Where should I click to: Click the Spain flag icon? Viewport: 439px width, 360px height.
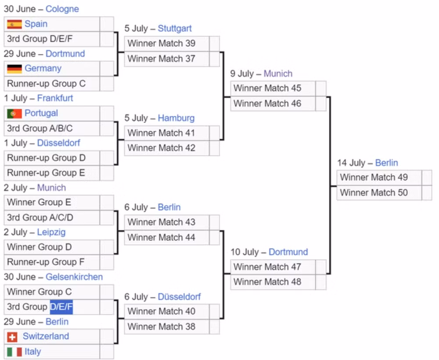pos(14,24)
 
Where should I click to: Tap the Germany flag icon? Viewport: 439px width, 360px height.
pos(14,68)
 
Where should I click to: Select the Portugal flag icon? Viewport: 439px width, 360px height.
pos(14,113)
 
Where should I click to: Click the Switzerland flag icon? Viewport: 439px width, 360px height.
pos(12,337)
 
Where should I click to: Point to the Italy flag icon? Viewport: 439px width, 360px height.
pos(14,352)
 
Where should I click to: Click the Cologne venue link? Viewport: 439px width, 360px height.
pos(62,9)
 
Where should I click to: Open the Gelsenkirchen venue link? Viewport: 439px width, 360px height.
pos(74,277)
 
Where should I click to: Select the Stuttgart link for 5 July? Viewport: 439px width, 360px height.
pos(175,28)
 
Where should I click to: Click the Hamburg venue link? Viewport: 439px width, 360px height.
pos(176,118)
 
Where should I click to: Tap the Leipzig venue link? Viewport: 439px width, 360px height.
pos(51,232)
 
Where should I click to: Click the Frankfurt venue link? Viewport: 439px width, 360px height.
pos(55,98)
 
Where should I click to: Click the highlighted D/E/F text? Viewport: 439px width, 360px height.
pos(61,307)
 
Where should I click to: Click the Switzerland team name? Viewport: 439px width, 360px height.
pos(46,336)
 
